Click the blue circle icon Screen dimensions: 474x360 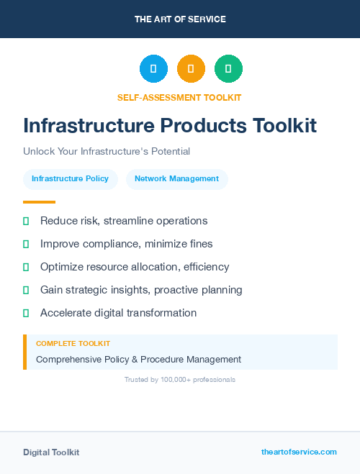pos(153,69)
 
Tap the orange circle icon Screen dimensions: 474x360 pos(191,69)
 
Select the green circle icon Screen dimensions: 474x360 pos(228,69)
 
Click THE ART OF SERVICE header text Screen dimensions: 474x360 pos(180,19)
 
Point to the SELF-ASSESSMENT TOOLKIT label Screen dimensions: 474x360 pos(179,97)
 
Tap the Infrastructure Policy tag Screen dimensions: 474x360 pos(70,179)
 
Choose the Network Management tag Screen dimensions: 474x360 pos(176,179)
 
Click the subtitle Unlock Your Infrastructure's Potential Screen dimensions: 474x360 pos(107,152)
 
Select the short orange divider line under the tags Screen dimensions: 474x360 pos(39,202)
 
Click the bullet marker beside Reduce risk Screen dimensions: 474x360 pos(26,221)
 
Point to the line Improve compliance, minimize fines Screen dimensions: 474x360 pos(126,244)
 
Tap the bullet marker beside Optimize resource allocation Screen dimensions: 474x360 pos(26,267)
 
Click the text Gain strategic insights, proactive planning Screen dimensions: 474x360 pos(141,290)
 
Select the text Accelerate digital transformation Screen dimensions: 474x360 pos(118,313)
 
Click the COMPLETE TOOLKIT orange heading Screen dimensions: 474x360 pos(73,344)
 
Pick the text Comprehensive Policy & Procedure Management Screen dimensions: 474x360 pos(138,359)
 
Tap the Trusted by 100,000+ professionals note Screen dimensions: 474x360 pos(180,379)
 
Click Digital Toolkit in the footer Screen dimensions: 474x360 pos(51,452)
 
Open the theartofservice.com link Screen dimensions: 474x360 pos(299,452)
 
